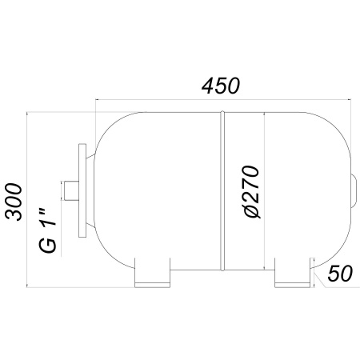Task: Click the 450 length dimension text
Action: click(x=221, y=86)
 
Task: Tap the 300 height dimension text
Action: click(x=14, y=202)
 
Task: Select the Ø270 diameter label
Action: click(x=251, y=192)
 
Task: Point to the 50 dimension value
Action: click(x=340, y=274)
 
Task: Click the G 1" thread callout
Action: click(x=48, y=230)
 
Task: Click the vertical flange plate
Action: click(x=82, y=190)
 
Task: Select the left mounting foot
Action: click(x=152, y=273)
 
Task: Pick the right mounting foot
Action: click(x=292, y=273)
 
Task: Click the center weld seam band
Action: click(x=222, y=191)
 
